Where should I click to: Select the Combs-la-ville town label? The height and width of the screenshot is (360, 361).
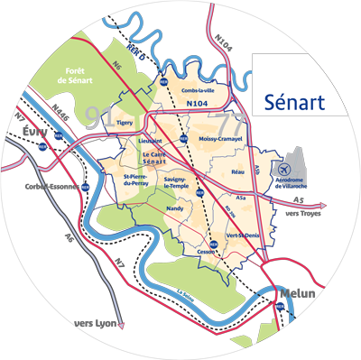(200, 91)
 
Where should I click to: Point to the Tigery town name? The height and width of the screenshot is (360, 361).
(125, 121)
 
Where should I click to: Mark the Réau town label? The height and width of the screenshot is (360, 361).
(238, 171)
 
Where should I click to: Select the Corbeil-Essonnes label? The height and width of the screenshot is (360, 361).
(52, 189)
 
